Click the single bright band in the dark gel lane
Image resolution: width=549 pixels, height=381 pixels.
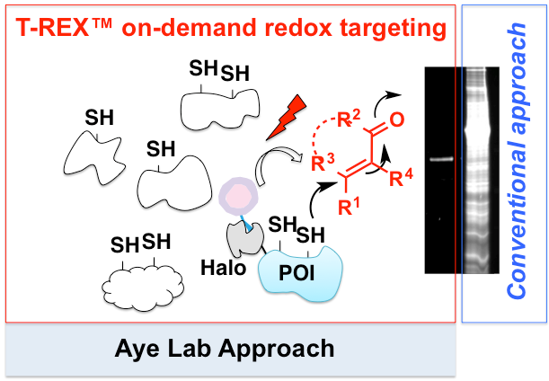pos(439,160)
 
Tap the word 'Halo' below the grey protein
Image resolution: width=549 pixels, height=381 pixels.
pos(217,267)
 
